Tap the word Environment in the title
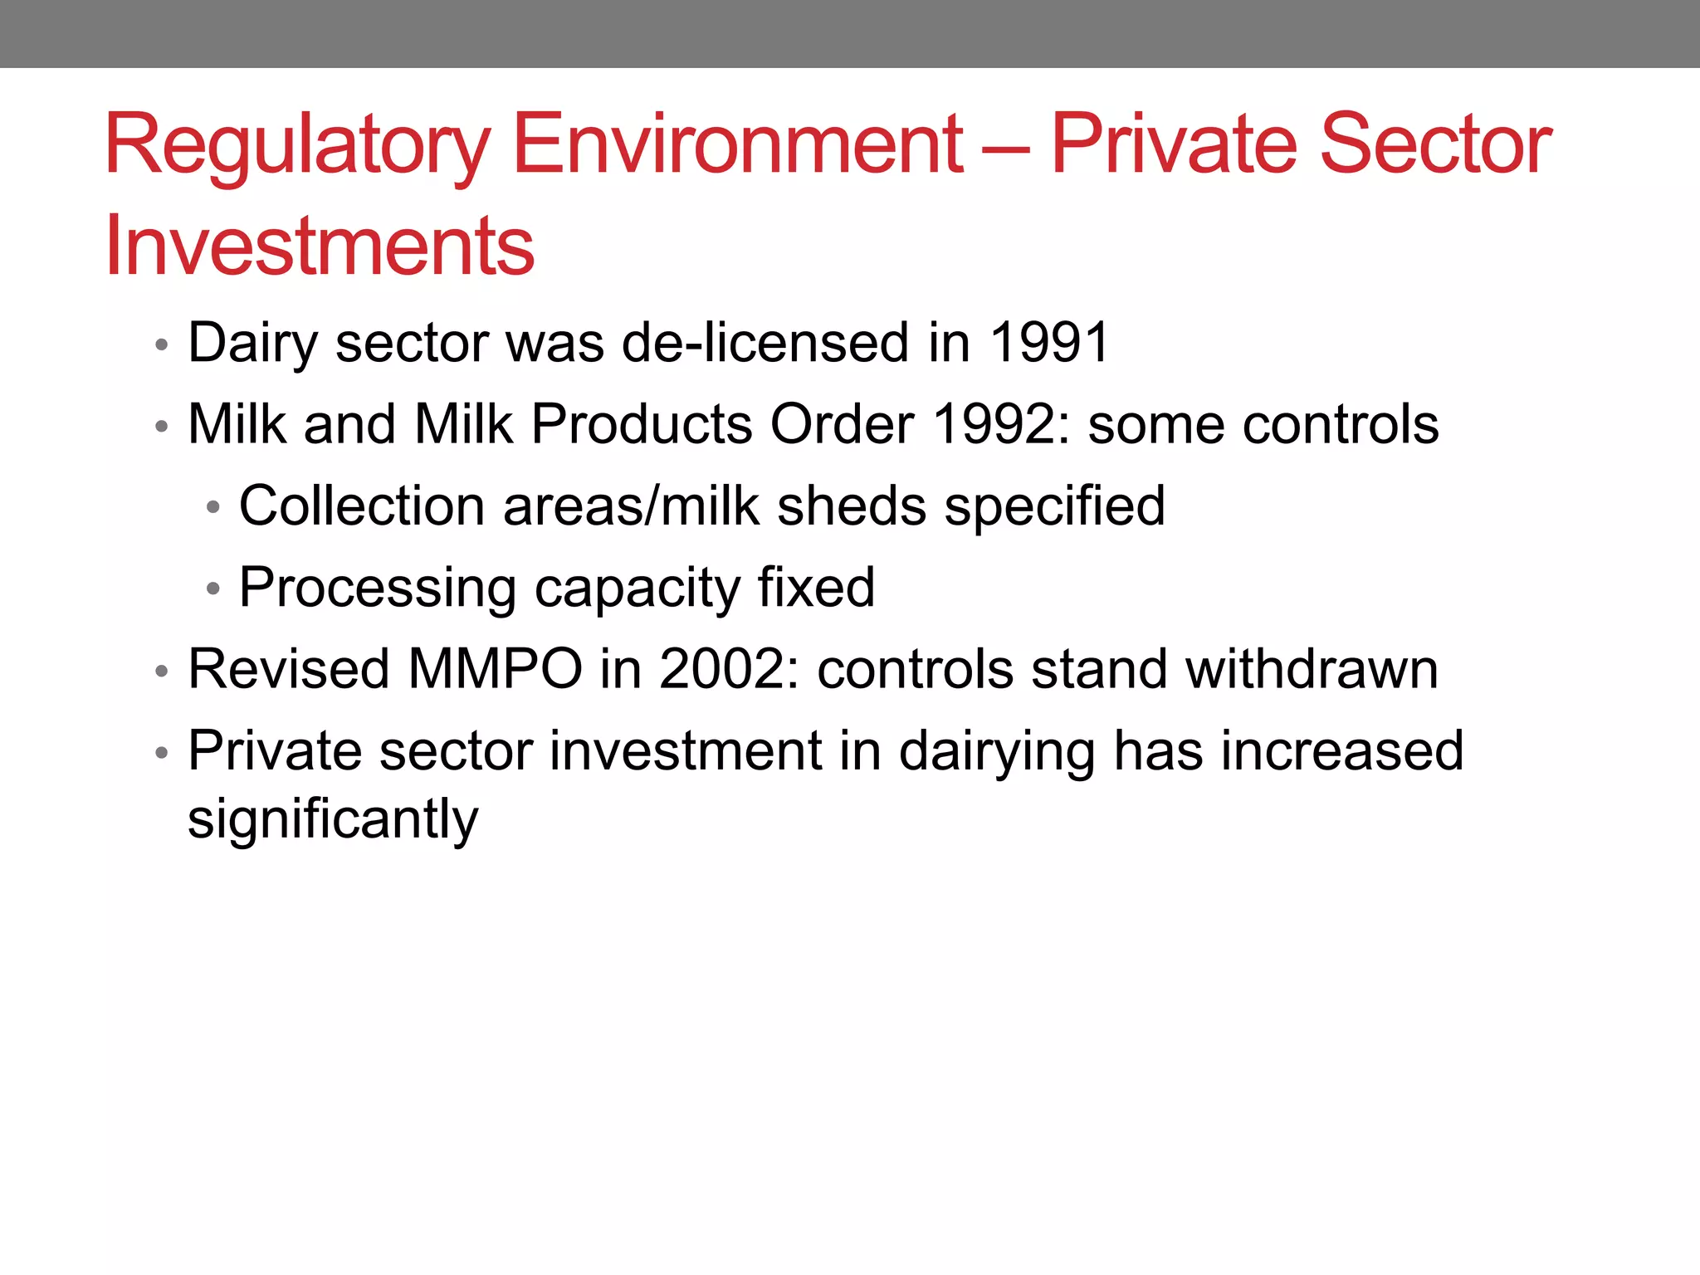pos(738,145)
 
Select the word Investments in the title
pos(320,246)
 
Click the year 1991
pos(1049,342)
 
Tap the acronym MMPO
pos(496,669)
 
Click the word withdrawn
pos(1312,669)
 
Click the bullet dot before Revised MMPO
pos(162,671)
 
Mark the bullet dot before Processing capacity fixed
pos(213,589)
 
